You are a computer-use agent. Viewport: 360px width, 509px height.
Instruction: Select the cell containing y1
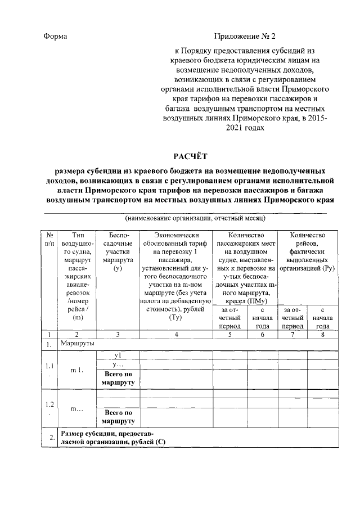tap(118, 355)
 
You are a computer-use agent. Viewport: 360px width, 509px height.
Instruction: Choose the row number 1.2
tap(50, 408)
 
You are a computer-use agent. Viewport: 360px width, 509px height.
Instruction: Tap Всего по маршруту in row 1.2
tap(118, 416)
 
